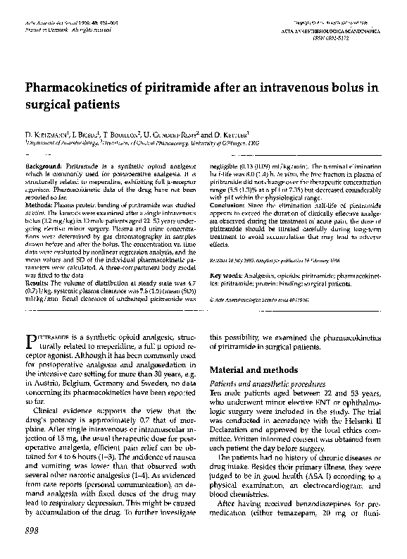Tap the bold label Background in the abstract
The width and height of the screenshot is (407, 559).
pyautogui.click(x=44, y=163)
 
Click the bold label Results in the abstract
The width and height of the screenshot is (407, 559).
pyautogui.click(x=38, y=283)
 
